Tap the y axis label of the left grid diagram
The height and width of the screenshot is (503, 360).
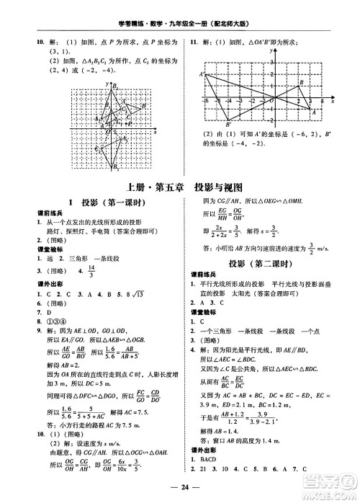pos(106,85)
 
